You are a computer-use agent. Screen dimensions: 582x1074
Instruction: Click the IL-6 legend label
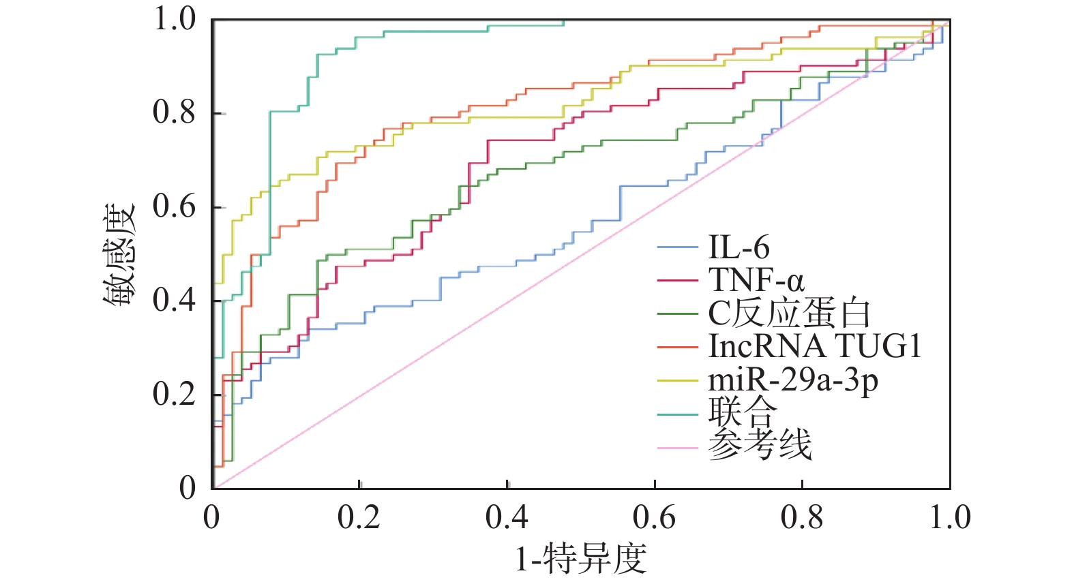click(x=739, y=247)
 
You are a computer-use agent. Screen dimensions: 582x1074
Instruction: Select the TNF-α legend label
click(x=756, y=280)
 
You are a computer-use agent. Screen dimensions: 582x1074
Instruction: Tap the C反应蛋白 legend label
click(x=789, y=313)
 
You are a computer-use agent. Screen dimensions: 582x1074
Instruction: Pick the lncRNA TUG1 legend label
click(x=815, y=346)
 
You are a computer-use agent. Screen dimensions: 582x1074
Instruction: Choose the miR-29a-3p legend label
click(x=793, y=380)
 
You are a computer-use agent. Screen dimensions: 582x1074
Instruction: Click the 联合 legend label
click(x=742, y=412)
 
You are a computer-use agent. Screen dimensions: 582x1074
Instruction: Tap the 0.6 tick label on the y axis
click(x=175, y=206)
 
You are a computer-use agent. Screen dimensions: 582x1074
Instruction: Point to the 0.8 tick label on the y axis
click(x=175, y=112)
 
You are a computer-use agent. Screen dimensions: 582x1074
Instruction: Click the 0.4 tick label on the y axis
click(x=175, y=300)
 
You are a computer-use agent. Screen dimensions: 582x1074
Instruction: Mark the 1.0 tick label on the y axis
click(x=175, y=19)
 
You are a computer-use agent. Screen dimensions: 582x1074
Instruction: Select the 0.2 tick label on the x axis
click(x=359, y=518)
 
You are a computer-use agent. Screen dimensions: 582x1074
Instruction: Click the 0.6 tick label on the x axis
click(x=654, y=518)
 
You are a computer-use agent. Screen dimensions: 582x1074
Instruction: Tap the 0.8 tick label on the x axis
click(x=802, y=518)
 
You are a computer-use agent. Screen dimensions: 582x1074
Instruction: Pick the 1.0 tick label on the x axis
click(x=950, y=518)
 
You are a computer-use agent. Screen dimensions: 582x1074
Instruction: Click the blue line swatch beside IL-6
click(x=678, y=247)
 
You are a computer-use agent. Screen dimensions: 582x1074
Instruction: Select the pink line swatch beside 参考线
click(x=678, y=448)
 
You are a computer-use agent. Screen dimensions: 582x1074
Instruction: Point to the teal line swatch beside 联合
click(x=678, y=414)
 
